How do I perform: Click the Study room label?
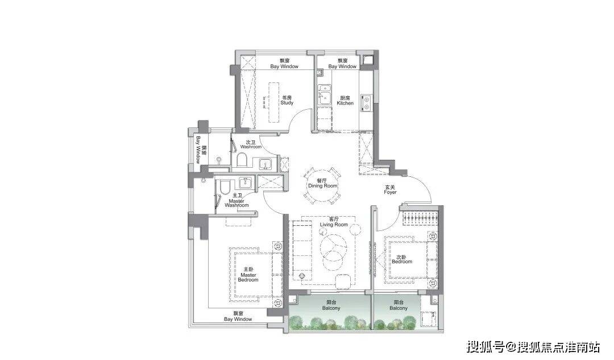point(287,100)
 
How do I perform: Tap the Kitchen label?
point(345,101)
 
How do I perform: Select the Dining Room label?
point(323,183)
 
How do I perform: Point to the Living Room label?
point(334,222)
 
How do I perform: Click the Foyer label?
point(390,189)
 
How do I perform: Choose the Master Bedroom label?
point(248,275)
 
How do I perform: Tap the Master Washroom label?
point(237,200)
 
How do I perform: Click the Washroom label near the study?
point(251,144)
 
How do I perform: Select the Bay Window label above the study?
point(284,64)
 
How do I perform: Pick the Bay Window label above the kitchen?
point(343,64)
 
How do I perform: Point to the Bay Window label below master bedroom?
point(238,317)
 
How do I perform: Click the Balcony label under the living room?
point(331,305)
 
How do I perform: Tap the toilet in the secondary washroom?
point(242,160)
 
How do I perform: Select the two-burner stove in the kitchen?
point(366,101)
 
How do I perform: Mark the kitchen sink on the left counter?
point(324,95)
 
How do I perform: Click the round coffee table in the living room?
point(333,247)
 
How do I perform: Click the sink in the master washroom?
point(246,182)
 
